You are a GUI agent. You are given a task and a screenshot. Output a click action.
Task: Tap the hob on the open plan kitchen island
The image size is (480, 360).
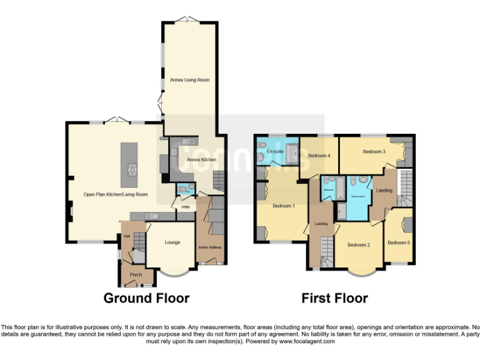pos(132,169)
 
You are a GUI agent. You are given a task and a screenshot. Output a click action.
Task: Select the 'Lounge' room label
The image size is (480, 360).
pos(172,242)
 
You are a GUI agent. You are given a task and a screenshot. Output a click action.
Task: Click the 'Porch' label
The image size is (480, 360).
pos(136,274)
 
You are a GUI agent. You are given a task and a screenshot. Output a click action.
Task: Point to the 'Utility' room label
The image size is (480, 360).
pos(185,206)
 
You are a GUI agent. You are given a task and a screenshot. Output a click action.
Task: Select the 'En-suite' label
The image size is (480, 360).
pos(275,151)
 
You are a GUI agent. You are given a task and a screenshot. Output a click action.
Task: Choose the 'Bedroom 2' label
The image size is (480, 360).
pos(359,244)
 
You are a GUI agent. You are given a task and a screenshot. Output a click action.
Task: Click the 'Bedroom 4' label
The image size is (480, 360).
pos(319,156)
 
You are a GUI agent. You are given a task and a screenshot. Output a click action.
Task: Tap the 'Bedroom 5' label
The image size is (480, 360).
pos(399,242)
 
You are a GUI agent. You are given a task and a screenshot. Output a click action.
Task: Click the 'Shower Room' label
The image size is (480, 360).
pos(357,196)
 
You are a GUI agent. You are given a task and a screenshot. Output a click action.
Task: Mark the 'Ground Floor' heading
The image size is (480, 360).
pos(146,298)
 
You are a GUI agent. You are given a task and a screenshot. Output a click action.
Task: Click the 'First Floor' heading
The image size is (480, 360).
pos(334,298)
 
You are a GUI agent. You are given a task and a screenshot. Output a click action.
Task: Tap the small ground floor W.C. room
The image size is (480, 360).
pos(184,189)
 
